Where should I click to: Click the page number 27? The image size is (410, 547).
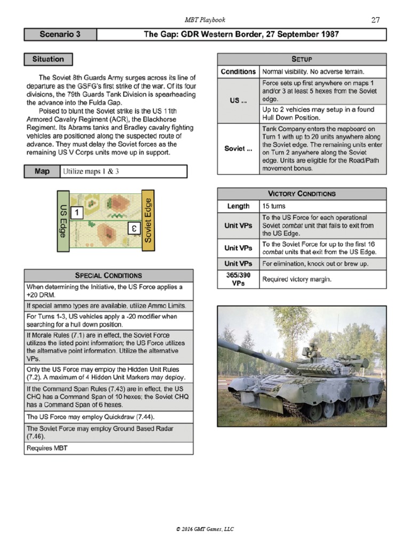(375, 20)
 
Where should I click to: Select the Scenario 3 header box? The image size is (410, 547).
(60, 35)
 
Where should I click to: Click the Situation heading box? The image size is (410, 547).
(48, 59)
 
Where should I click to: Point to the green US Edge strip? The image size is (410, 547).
(63, 220)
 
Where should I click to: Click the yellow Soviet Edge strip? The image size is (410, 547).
(148, 220)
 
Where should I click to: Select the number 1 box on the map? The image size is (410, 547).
(77, 213)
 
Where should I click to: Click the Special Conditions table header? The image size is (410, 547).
(108, 275)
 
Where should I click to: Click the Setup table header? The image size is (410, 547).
(301, 59)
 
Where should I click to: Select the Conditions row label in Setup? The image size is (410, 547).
(238, 72)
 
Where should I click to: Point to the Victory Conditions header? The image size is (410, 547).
(301, 193)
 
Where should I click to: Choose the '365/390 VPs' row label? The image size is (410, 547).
(238, 279)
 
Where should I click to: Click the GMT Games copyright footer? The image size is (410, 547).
(205, 529)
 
